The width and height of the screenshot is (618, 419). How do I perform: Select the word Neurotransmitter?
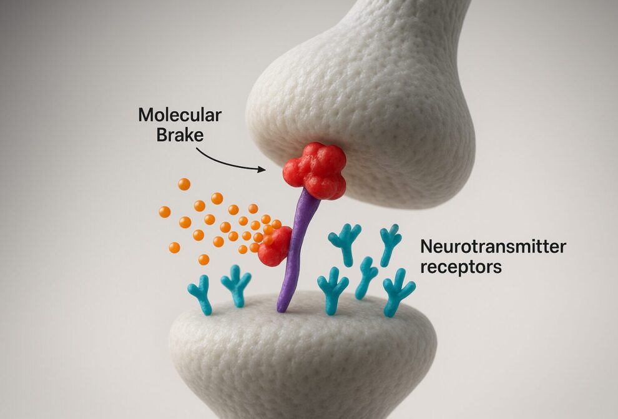(x=494, y=247)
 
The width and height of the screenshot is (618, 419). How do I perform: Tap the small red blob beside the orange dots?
(x=276, y=247)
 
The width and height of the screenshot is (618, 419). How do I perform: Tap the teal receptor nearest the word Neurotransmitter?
(x=391, y=244)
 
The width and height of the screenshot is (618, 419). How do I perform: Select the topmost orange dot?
(x=184, y=184)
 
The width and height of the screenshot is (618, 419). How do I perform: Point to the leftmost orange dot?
(x=165, y=212)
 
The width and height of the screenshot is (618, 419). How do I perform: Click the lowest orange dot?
(x=204, y=259)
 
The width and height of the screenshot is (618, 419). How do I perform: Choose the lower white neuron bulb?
(x=300, y=362)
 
